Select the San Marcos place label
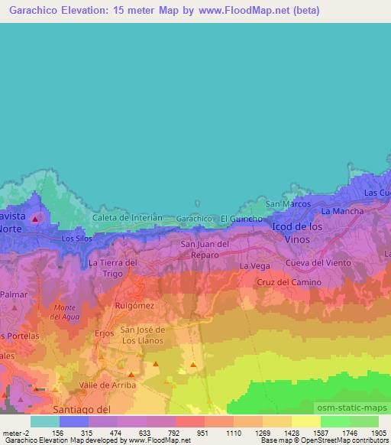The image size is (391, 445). pos(287,204)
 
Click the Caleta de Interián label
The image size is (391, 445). pos(128,218)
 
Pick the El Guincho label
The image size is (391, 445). pos(241,219)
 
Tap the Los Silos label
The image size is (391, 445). pos(77,239)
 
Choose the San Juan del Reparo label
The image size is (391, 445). pos(205,249)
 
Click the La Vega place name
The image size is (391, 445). pos(254,265)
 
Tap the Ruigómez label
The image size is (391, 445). pos(136,306)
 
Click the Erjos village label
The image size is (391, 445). pos(103,333)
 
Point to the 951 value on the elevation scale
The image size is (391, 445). pos(202,432)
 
